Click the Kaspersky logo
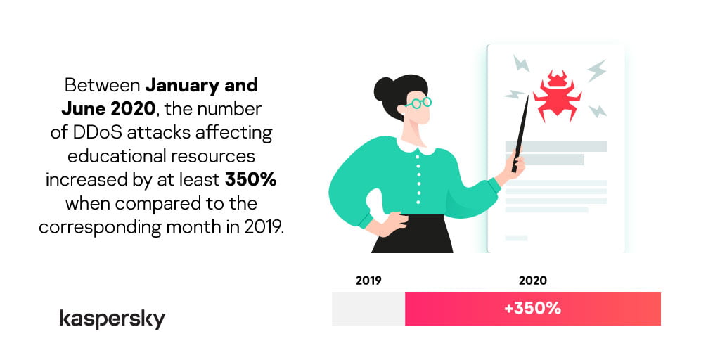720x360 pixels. point(112,319)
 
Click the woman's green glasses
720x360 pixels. point(419,103)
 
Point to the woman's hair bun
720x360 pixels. point(384,89)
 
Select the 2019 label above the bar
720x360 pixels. point(368,281)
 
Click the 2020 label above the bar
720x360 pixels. point(533,281)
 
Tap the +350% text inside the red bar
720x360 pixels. point(533,309)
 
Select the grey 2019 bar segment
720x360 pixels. point(368,309)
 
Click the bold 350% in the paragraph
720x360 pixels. point(251,180)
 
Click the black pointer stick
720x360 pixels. point(520,133)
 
